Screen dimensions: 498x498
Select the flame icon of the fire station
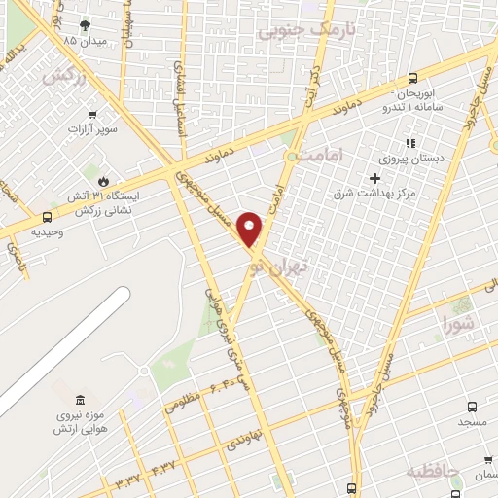pos(103,180)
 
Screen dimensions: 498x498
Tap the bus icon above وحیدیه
pos(48,218)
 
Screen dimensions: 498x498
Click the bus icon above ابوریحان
pos(413,79)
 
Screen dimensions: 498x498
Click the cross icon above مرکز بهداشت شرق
pos(374,178)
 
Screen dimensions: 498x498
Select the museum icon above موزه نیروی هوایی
pos(80,401)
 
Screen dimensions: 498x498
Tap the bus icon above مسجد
pos(473,408)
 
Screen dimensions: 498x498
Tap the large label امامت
pos(317,155)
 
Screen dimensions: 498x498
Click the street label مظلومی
pos(181,402)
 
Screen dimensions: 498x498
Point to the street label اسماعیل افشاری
pos(182,92)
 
